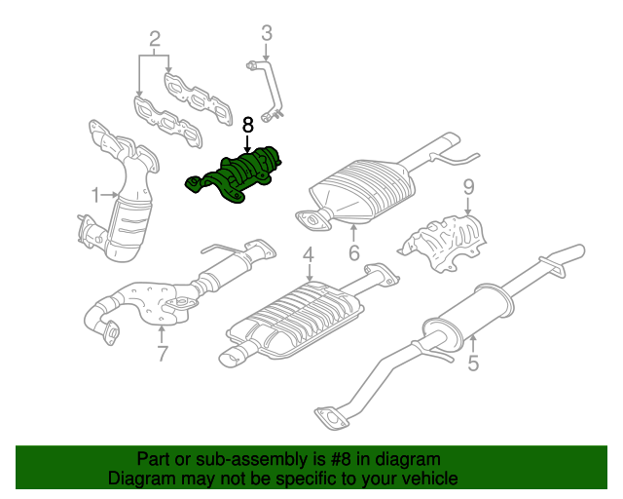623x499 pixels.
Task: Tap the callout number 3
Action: click(266, 36)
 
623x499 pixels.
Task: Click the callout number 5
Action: click(473, 365)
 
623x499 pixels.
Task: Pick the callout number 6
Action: click(353, 253)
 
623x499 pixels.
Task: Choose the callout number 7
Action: click(163, 354)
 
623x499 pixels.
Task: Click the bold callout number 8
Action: click(247, 125)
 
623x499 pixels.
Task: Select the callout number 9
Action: click(467, 186)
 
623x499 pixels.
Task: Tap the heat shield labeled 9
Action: click(446, 242)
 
